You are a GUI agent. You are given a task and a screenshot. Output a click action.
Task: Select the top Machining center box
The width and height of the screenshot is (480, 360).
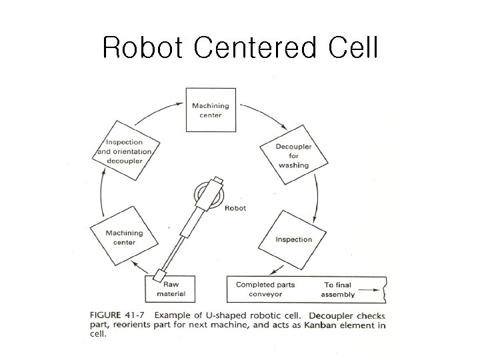point(211,109)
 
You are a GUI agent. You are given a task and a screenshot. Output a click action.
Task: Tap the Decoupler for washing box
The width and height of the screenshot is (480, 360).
point(293,156)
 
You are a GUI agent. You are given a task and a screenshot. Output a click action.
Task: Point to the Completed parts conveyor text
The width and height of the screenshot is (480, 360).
point(265,289)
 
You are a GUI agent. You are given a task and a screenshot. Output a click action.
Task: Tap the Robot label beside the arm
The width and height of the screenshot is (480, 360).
point(235,208)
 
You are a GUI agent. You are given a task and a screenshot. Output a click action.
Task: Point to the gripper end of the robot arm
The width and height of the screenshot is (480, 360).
point(160,275)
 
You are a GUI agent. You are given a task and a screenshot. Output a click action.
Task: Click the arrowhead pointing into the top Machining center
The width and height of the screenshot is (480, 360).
point(181,103)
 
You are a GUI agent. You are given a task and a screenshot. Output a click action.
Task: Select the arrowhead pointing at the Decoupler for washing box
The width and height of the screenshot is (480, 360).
point(285,131)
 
